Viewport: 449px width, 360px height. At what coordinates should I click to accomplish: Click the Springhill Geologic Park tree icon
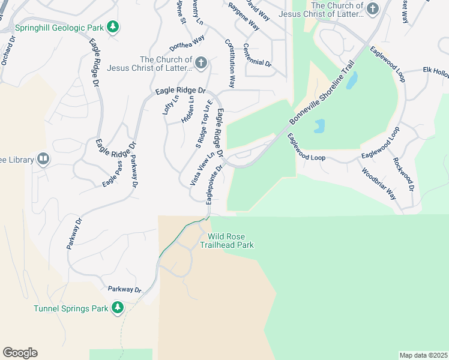tap(113, 26)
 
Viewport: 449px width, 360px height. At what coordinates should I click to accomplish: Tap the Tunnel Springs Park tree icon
tap(118, 308)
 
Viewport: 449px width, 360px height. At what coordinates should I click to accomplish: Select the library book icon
tap(43, 158)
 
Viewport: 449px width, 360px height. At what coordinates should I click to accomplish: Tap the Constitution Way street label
tap(230, 63)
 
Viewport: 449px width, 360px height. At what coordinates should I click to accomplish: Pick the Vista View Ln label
tap(202, 169)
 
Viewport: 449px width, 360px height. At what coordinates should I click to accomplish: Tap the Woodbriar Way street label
tap(379, 184)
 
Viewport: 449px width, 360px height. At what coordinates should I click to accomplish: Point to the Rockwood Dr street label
tap(403, 174)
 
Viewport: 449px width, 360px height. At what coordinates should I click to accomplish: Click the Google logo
tap(20, 353)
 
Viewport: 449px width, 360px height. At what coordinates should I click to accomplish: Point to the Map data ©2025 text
tap(423, 355)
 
